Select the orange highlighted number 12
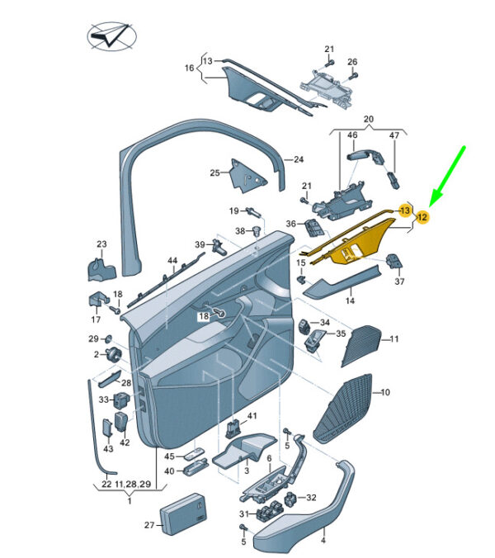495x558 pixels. [x=422, y=217]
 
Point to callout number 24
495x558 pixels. [x=299, y=159]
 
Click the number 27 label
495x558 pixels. [x=149, y=525]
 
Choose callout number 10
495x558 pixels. [x=385, y=392]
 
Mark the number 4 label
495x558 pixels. [x=323, y=541]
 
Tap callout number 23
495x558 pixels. [x=102, y=244]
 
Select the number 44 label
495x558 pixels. [x=172, y=261]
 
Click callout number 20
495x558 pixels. [x=369, y=119]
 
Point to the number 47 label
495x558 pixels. [x=394, y=135]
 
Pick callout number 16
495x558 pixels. [x=188, y=69]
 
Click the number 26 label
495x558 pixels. [x=352, y=62]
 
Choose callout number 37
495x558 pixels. [x=400, y=281]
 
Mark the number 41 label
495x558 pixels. [x=252, y=415]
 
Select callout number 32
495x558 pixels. [x=311, y=498]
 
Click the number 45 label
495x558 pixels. [x=169, y=456]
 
